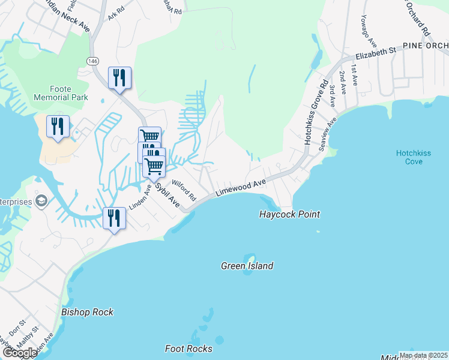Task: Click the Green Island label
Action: coord(247,266)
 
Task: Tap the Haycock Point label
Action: coord(289,214)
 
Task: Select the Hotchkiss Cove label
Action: coord(413,157)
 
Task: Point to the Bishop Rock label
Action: coord(87,312)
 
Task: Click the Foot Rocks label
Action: coord(188,349)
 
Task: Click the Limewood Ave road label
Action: coord(241,187)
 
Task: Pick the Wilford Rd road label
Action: coord(184,189)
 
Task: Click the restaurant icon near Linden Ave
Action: coord(113,217)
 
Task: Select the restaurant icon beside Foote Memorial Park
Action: coord(58,126)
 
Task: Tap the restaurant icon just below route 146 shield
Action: coord(119,77)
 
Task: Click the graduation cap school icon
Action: coord(41,200)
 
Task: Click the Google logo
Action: coord(19,353)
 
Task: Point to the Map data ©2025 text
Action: coord(423,355)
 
